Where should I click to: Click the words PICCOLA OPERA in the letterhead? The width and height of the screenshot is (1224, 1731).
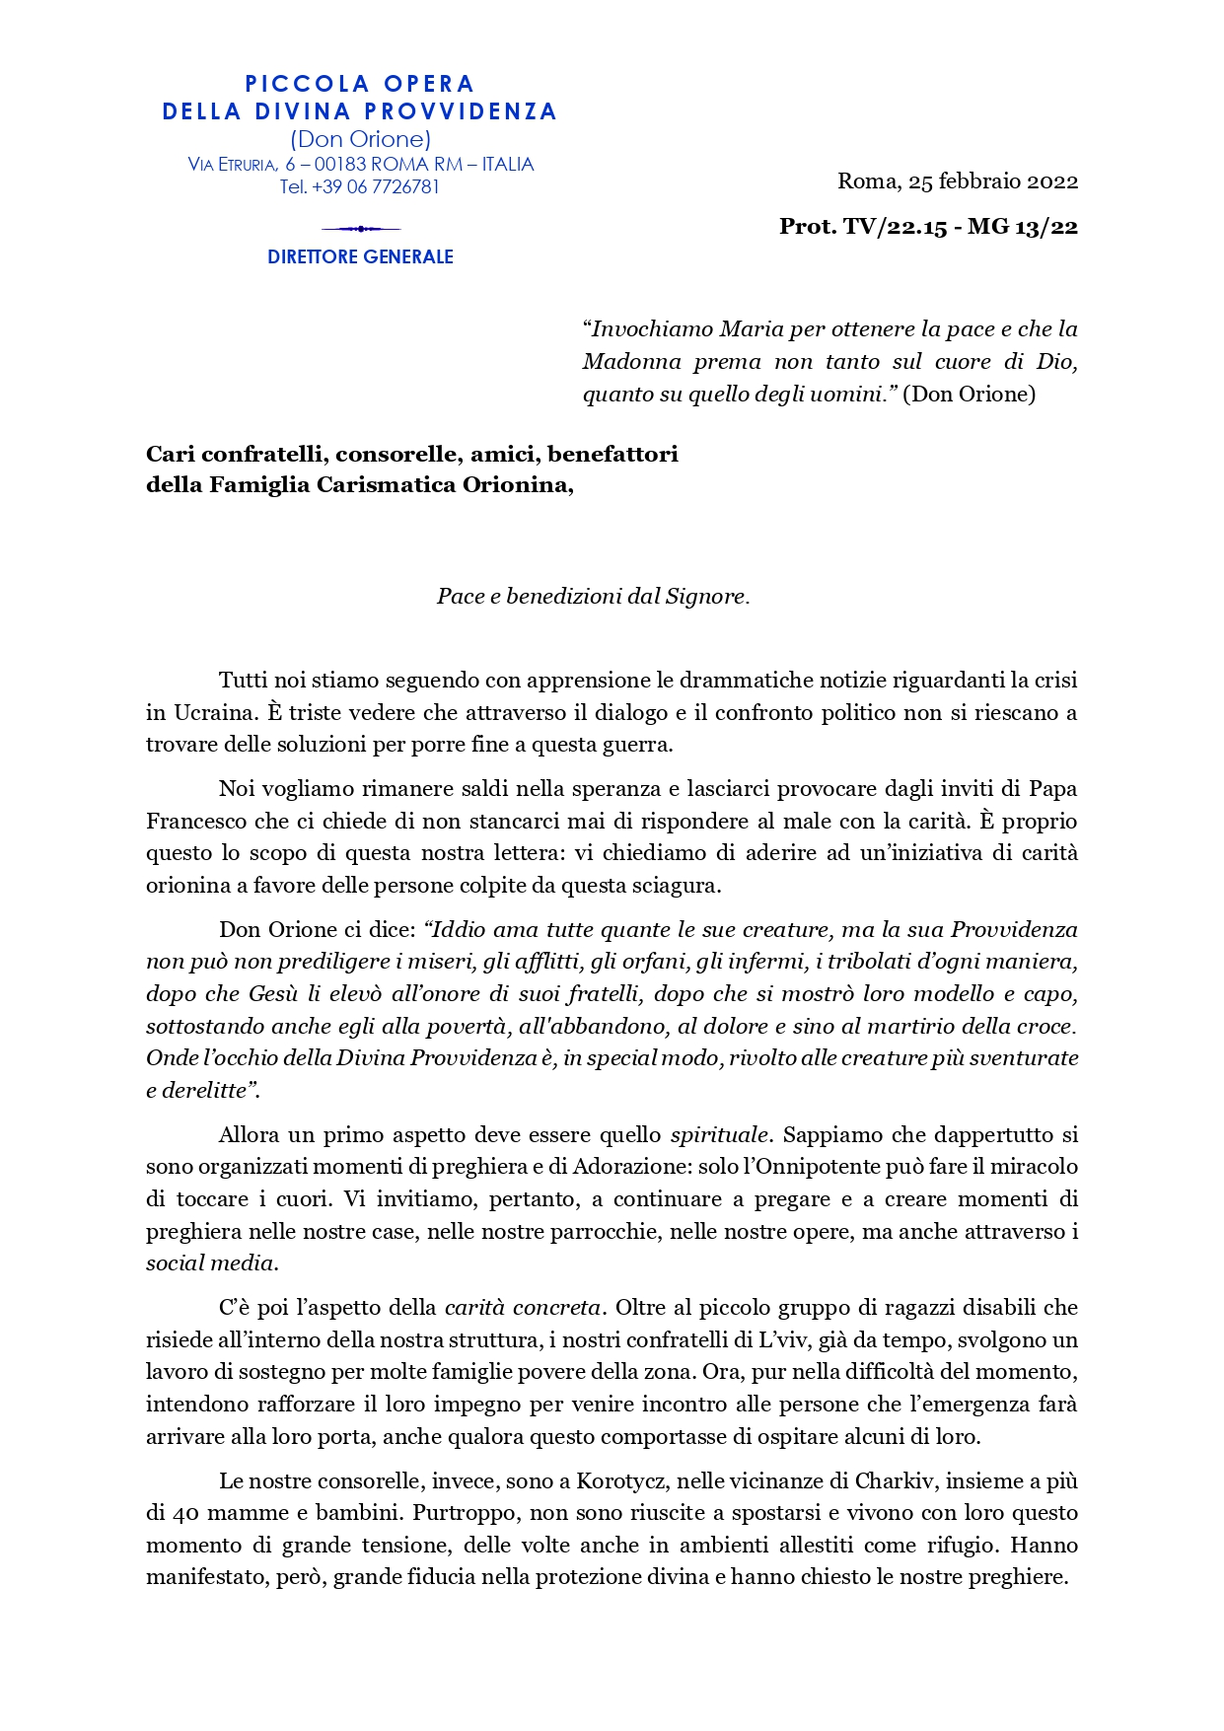click(x=359, y=84)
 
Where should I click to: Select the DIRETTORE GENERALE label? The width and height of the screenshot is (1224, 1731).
click(x=360, y=256)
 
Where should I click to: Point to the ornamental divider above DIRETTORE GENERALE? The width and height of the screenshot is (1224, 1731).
click(x=360, y=229)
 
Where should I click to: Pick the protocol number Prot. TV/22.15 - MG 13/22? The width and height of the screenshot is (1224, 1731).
click(x=928, y=227)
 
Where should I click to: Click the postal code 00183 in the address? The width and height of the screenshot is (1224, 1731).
click(x=340, y=165)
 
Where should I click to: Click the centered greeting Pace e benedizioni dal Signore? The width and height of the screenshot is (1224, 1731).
click(x=593, y=597)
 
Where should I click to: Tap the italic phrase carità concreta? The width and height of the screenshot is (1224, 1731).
click(x=523, y=1308)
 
